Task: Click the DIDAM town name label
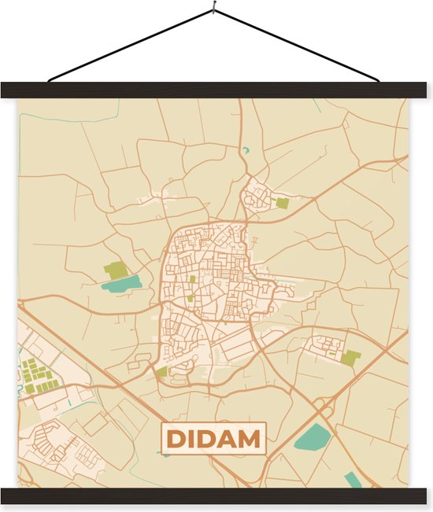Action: click(x=214, y=439)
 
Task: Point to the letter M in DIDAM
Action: click(x=250, y=439)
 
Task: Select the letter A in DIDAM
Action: click(x=228, y=439)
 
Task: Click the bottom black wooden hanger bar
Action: click(x=216, y=496)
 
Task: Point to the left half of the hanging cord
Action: click(x=130, y=46)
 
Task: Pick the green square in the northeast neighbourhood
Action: click(x=282, y=203)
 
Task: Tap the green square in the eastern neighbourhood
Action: click(x=350, y=358)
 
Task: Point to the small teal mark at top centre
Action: click(x=246, y=149)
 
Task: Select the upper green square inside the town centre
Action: click(x=192, y=278)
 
